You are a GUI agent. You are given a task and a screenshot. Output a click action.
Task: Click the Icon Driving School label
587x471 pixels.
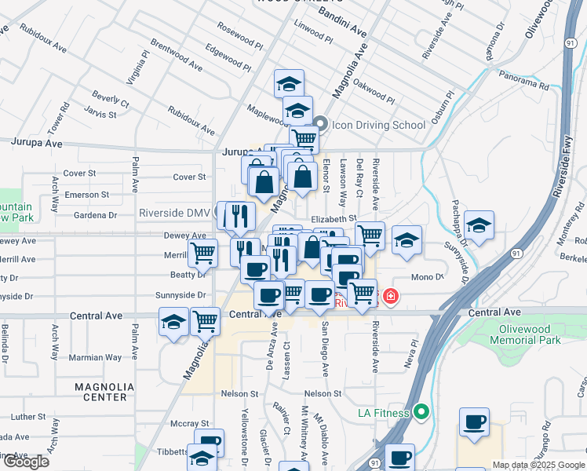[378, 125]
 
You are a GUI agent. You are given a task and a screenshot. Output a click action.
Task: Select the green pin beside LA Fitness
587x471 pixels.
[421, 411]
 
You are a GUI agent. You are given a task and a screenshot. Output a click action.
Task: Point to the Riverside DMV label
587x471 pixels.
[174, 213]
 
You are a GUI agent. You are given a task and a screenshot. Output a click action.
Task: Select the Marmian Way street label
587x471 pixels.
[94, 357]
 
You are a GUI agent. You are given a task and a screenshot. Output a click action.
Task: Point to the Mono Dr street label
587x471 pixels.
[428, 277]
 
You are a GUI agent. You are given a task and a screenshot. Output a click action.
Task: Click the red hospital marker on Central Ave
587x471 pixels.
[389, 297]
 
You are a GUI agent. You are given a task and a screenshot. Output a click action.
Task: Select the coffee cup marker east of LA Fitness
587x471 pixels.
[474, 422]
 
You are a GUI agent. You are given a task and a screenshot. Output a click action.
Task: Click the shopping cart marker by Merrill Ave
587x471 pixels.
[202, 253]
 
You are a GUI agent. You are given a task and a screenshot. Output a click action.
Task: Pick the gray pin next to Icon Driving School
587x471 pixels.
[320, 125]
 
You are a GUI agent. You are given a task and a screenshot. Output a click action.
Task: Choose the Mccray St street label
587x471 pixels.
[193, 423]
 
